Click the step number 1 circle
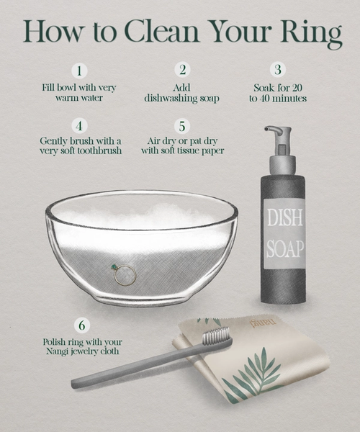tap(79, 71)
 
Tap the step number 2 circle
tap(182, 70)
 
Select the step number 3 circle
tap(278, 69)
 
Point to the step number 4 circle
tap(79, 126)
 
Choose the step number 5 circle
tap(182, 126)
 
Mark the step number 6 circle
tap(82, 325)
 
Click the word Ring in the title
tap(312, 34)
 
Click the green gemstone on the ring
tap(113, 267)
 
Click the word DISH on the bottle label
tap(285, 217)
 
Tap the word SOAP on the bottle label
tap(285, 249)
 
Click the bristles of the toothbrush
tap(217, 336)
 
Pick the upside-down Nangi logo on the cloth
tap(263, 323)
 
